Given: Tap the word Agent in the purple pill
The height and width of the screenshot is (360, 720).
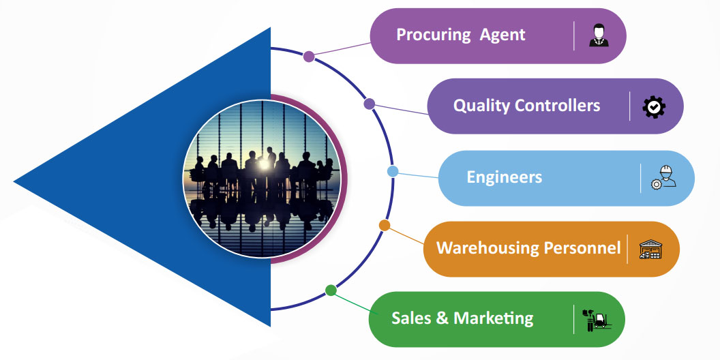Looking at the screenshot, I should pyautogui.click(x=502, y=35).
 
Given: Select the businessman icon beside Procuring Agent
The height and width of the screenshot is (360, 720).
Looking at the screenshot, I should pyautogui.click(x=599, y=35).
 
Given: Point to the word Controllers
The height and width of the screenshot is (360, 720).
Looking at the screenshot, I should pyautogui.click(x=558, y=106).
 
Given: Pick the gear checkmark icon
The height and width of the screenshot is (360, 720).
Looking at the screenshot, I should pyautogui.click(x=654, y=106).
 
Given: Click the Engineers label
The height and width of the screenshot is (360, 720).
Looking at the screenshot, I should pyautogui.click(x=505, y=177).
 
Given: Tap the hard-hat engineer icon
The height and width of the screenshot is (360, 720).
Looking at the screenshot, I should pyautogui.click(x=663, y=178).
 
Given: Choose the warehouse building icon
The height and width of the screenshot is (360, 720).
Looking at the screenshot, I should pyautogui.click(x=650, y=249).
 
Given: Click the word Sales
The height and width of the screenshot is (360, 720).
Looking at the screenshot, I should pyautogui.click(x=413, y=318).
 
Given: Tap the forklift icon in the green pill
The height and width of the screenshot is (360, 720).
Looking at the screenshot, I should pyautogui.click(x=597, y=318).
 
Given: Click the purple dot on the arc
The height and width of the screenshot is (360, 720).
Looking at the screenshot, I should pyautogui.click(x=309, y=57).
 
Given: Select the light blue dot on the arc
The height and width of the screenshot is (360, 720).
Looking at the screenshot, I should pyautogui.click(x=393, y=171).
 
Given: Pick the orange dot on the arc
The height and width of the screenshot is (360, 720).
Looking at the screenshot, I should pyautogui.click(x=385, y=225).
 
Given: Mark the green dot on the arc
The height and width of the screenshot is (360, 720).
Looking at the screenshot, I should pyautogui.click(x=331, y=290).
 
